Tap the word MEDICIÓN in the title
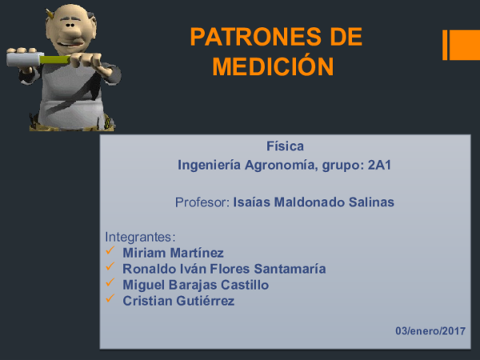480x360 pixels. (x=273, y=66)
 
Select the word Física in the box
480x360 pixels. (x=285, y=146)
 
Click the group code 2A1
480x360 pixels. (x=383, y=166)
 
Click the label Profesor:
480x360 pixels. (x=202, y=202)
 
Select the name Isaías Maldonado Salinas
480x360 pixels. (x=314, y=202)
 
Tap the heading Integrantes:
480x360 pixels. (x=140, y=238)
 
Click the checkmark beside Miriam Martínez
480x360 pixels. (x=110, y=253)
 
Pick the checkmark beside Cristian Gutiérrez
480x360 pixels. (x=110, y=300)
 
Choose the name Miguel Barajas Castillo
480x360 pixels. (x=195, y=285)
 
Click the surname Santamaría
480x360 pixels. (x=288, y=269)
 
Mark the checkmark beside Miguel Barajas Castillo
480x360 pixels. (x=110, y=284)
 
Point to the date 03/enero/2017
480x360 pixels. (x=430, y=331)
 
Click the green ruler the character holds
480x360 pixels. (x=54, y=58)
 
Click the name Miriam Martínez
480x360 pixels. (x=173, y=253)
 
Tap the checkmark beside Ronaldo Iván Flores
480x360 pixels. (x=110, y=268)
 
